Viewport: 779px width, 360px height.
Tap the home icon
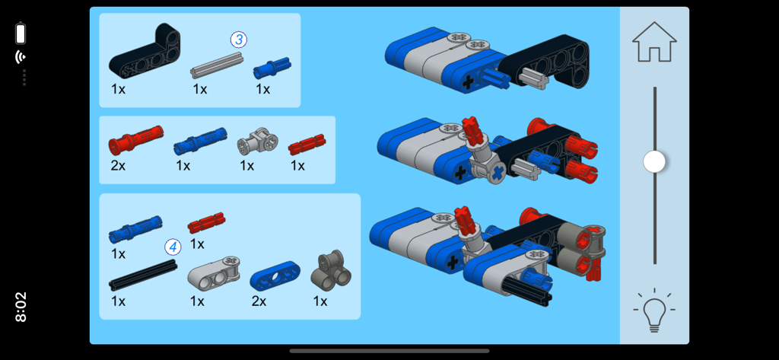tap(654, 43)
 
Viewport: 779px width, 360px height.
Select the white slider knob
tap(654, 161)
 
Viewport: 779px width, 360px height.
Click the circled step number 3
tap(239, 40)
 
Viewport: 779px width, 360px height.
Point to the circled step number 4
tap(173, 247)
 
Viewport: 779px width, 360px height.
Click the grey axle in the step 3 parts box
tap(216, 65)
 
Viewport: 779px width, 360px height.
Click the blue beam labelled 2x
tap(275, 276)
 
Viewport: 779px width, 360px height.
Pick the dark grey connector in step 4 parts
tap(331, 270)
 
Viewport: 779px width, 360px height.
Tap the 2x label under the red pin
tap(118, 165)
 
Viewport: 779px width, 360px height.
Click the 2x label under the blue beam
tap(259, 301)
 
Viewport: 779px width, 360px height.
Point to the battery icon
tap(21, 33)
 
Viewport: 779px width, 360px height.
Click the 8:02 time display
tap(21, 307)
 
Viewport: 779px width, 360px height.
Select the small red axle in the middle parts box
tap(307, 144)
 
